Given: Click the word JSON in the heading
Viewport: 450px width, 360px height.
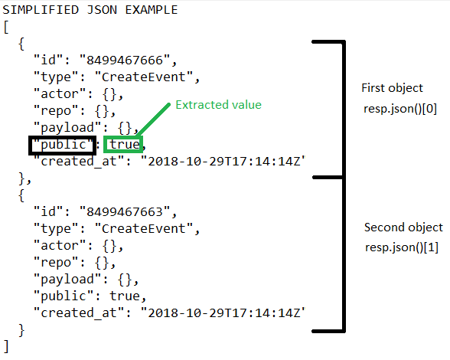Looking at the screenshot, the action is click(103, 10).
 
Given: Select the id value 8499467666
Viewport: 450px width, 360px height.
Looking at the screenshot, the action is click(125, 61).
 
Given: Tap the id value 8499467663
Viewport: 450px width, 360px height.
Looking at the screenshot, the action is click(125, 212).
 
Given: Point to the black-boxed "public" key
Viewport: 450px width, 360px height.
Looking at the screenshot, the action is click(63, 145).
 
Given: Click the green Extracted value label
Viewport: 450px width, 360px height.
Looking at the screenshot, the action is click(218, 105).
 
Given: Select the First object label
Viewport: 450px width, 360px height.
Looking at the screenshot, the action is click(392, 88).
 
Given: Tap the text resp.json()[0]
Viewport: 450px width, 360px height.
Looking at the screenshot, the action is click(400, 109).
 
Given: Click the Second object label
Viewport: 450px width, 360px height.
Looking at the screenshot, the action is click(403, 227).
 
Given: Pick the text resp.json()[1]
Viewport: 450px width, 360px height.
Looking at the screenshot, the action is click(402, 247).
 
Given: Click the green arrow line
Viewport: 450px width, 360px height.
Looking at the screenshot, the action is click(153, 120).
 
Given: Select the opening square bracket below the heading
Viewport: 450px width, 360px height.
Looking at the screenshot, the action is click(6, 28).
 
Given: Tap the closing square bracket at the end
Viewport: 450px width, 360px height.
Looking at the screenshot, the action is click(6, 346).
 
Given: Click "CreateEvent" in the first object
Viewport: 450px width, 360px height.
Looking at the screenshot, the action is click(144, 77).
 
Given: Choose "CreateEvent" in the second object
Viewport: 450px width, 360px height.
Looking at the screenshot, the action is click(144, 229).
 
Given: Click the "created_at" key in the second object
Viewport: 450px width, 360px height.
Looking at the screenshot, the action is click(80, 313).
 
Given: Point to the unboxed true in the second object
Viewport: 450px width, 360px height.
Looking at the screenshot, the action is click(125, 296).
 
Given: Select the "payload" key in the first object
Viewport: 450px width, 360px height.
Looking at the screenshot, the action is click(67, 128).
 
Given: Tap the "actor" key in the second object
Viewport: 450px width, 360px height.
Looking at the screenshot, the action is click(60, 246).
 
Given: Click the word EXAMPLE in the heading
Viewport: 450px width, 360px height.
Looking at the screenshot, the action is click(152, 10).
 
